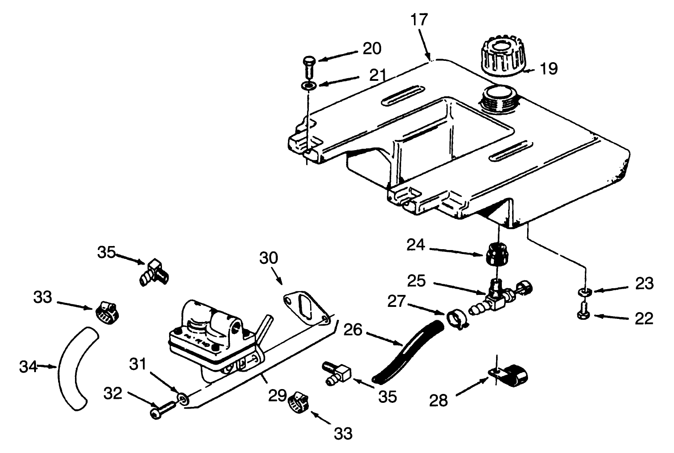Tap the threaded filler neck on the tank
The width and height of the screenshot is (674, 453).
coord(499,100)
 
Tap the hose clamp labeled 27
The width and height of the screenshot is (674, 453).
coord(454,320)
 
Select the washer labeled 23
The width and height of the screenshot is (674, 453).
coord(584,292)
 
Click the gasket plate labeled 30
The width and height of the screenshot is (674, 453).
coord(306,306)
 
